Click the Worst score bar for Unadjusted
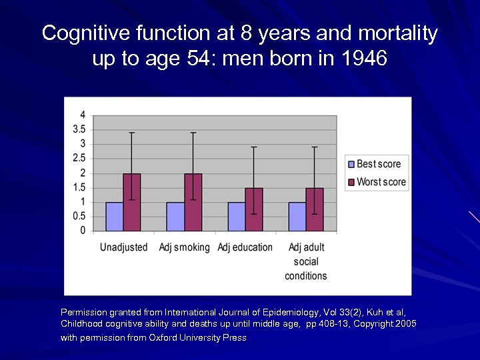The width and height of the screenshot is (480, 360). [x=132, y=203]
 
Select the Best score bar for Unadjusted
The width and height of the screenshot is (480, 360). [x=115, y=217]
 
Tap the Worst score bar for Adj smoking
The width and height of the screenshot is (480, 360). [x=193, y=203]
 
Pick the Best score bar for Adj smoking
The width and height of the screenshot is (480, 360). [x=175, y=217]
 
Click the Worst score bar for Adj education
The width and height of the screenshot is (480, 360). [x=254, y=210]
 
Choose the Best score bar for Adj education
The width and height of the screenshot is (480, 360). [x=237, y=217]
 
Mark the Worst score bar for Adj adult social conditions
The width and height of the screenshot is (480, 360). [x=315, y=210]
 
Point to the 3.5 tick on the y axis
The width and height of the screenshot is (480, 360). [x=79, y=129]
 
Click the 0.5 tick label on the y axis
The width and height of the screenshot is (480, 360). [x=79, y=216]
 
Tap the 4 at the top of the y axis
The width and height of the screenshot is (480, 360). [x=83, y=115]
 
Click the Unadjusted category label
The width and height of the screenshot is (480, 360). [x=123, y=247]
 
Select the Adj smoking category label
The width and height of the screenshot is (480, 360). [x=184, y=247]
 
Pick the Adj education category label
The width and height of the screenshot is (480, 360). [x=245, y=247]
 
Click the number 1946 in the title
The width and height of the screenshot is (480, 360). [x=364, y=59]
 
